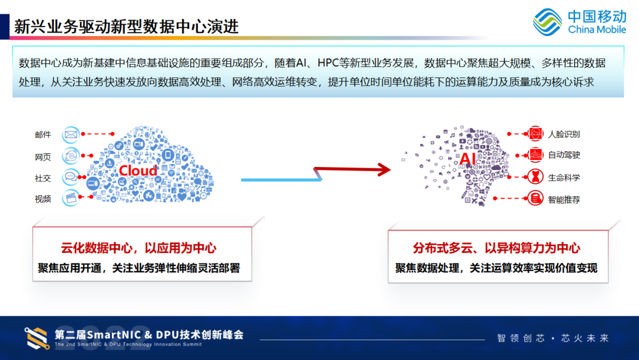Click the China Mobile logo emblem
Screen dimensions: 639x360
(547, 22)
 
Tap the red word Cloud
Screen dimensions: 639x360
(138, 171)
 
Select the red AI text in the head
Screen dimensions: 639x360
(467, 158)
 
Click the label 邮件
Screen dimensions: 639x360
(43, 135)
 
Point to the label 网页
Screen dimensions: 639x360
(43, 157)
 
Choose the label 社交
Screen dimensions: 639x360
(43, 178)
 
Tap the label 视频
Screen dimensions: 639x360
(43, 199)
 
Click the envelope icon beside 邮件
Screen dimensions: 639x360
(71, 134)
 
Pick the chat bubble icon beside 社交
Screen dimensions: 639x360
(71, 177)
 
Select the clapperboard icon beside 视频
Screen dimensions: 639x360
(71, 198)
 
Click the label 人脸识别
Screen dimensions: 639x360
(564, 134)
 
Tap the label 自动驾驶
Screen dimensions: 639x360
(564, 155)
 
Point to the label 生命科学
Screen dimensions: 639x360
(564, 177)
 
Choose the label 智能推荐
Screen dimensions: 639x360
(564, 200)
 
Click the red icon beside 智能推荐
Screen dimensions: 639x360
(535, 199)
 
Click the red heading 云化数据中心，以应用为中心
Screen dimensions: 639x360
(138, 249)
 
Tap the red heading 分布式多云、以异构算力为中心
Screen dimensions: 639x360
(496, 249)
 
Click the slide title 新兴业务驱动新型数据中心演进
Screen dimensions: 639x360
(126, 27)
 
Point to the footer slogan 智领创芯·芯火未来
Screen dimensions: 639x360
(553, 338)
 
